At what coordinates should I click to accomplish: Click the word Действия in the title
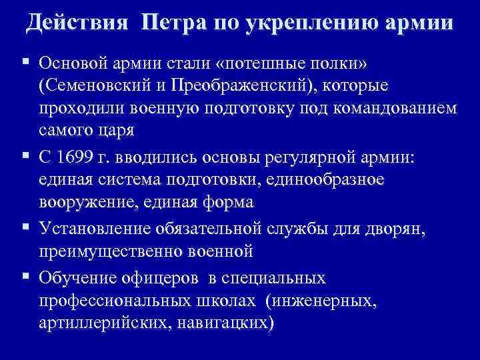pyautogui.click(x=77, y=24)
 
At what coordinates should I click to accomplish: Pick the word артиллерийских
pyautogui.click(x=99, y=323)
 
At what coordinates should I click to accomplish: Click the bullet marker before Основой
pyautogui.click(x=24, y=63)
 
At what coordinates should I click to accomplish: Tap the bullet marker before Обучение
pyautogui.click(x=24, y=278)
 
